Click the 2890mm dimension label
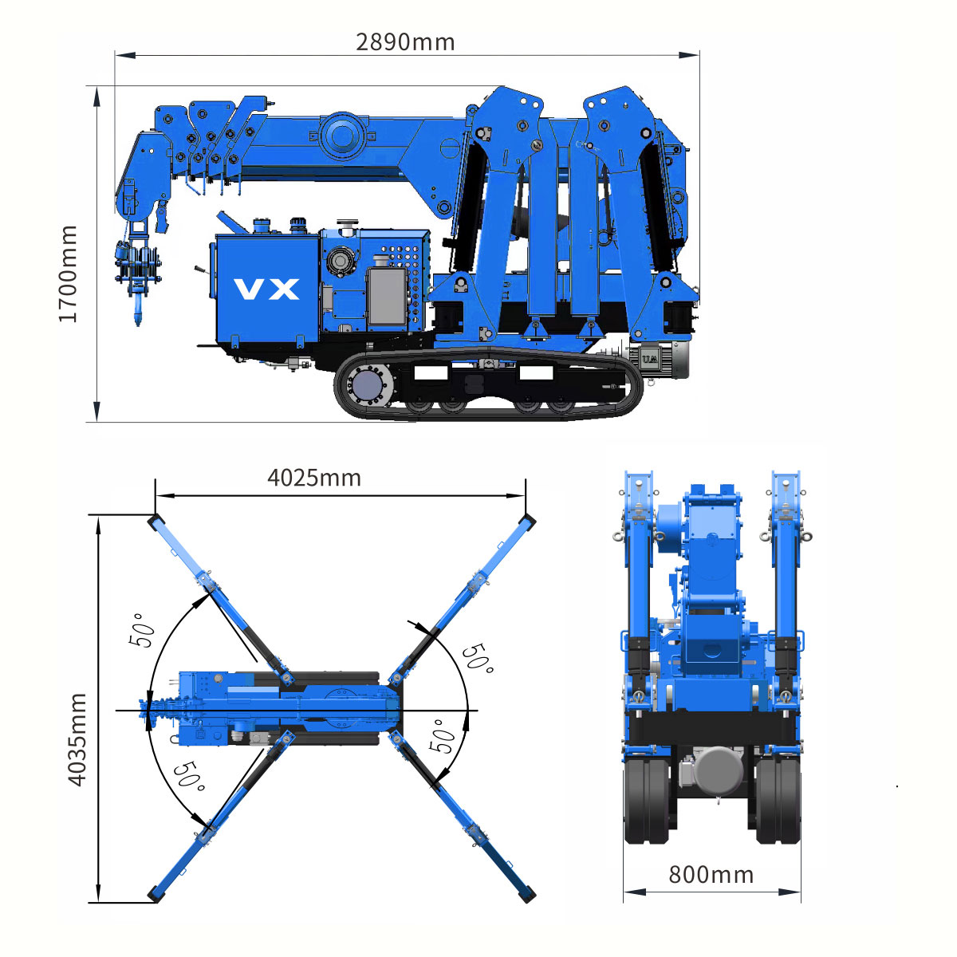click(405, 42)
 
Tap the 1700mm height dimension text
click(68, 274)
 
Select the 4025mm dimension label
click(314, 478)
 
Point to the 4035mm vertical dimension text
click(77, 740)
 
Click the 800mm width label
click(711, 875)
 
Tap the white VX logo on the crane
click(266, 289)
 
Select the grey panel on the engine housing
click(386, 297)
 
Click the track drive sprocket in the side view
click(369, 385)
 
